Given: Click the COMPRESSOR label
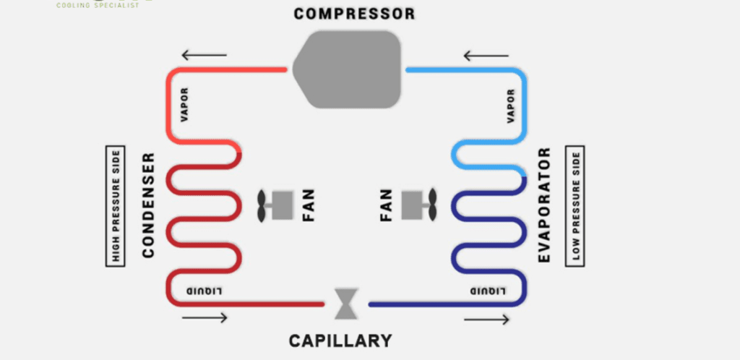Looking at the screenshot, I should tap(355, 14).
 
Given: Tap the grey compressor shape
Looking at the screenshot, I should tap(351, 70).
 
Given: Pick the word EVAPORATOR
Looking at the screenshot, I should tap(545, 205).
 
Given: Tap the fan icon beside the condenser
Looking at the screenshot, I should tap(274, 205).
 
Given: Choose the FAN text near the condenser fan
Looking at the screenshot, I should tap(309, 205).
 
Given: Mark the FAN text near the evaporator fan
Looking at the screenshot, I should tap(385, 205).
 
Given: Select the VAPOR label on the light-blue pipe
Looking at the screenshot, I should tap(512, 106).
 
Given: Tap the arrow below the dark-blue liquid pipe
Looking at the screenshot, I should tap(486, 319).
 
